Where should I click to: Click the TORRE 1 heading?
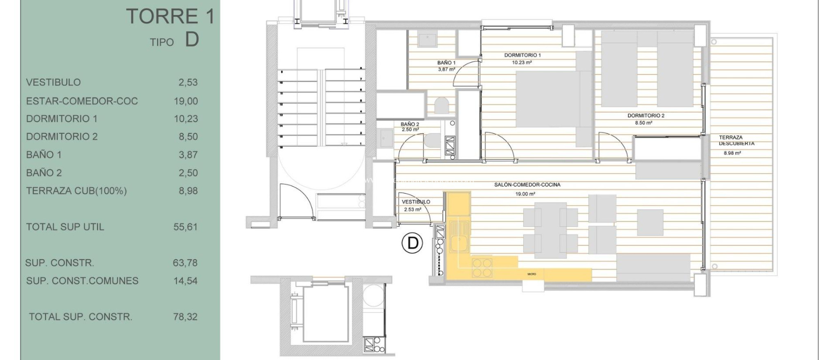tap(170, 16)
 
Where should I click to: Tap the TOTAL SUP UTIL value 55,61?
tap(185, 227)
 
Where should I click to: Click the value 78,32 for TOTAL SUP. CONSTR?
tap(185, 317)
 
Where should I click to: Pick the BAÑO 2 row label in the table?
tap(44, 173)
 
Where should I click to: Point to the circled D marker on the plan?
tap(412, 243)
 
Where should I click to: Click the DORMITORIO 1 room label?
tap(522, 55)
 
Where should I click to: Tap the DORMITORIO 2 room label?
tap(646, 116)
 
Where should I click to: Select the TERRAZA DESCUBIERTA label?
tap(736, 140)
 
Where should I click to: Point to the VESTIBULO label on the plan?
tap(416, 202)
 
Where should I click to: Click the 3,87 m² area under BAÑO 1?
tap(446, 70)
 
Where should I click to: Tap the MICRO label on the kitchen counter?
tap(532, 274)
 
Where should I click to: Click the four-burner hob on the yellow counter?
tap(482, 267)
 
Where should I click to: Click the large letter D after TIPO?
tap(192, 40)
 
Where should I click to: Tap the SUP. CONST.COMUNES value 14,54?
tap(185, 281)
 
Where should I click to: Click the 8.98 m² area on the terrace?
tap(732, 153)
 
